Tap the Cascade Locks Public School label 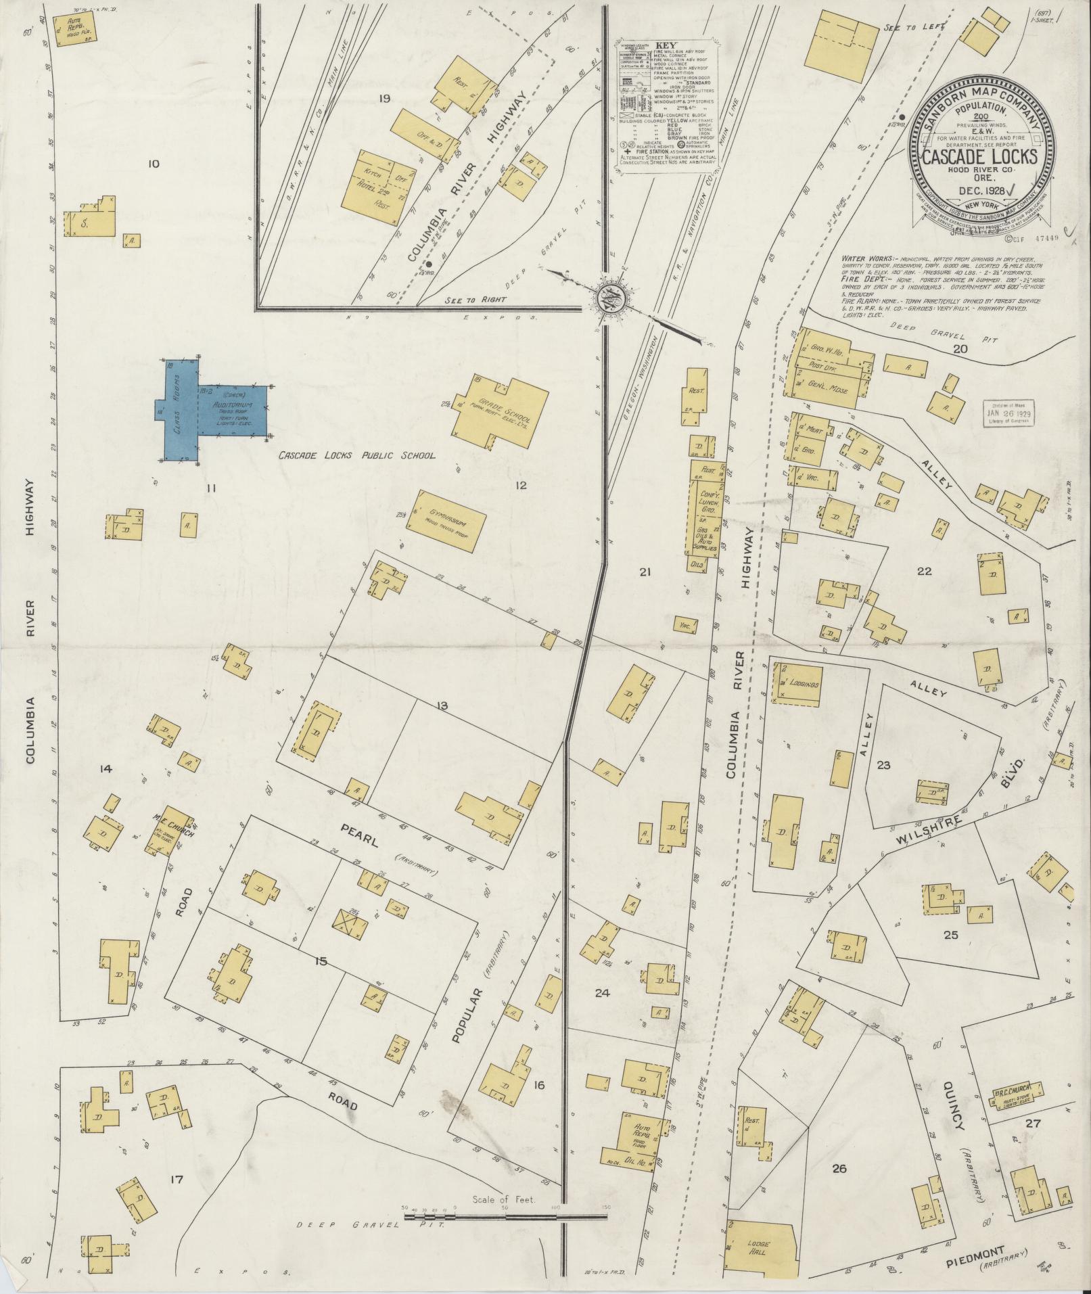pyautogui.click(x=358, y=457)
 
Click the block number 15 pyautogui.click(x=321, y=961)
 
